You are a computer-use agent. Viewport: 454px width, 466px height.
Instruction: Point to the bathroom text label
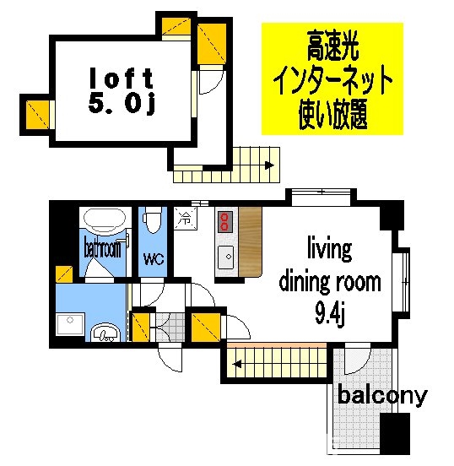(103, 249)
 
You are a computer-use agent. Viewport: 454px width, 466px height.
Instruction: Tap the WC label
(153, 259)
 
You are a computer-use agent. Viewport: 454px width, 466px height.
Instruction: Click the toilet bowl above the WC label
(152, 221)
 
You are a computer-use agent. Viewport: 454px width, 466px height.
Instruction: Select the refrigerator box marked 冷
(184, 219)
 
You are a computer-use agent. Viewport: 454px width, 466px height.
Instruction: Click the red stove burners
(224, 222)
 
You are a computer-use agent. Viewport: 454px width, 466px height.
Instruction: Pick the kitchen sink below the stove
(225, 257)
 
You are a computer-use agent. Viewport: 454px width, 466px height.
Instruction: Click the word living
(328, 250)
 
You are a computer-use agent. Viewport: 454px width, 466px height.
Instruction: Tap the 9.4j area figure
(329, 317)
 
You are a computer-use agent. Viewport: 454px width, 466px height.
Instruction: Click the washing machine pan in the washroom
(67, 325)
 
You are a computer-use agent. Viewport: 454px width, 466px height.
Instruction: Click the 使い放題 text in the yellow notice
(332, 115)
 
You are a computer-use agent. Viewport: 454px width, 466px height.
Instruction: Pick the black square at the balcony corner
(394, 434)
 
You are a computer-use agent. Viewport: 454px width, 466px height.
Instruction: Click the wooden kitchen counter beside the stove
(251, 245)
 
